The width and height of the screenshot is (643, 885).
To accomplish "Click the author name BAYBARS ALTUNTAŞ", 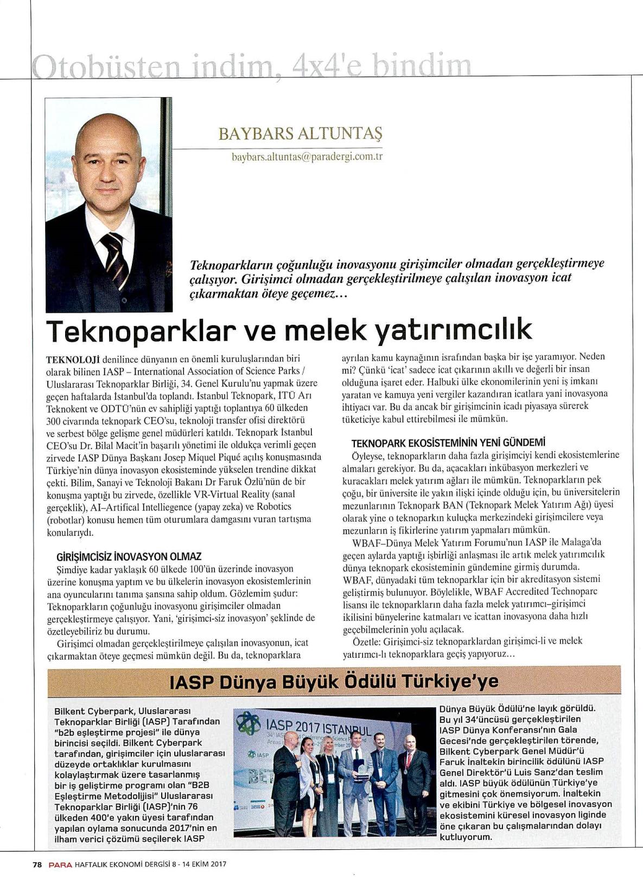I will pos(300,133).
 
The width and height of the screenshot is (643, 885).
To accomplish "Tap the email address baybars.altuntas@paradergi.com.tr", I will pos(308,157).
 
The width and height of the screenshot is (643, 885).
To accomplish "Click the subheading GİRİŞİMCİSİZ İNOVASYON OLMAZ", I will pos(129,556).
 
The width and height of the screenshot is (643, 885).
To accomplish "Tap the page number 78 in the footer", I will pos(37,865).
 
